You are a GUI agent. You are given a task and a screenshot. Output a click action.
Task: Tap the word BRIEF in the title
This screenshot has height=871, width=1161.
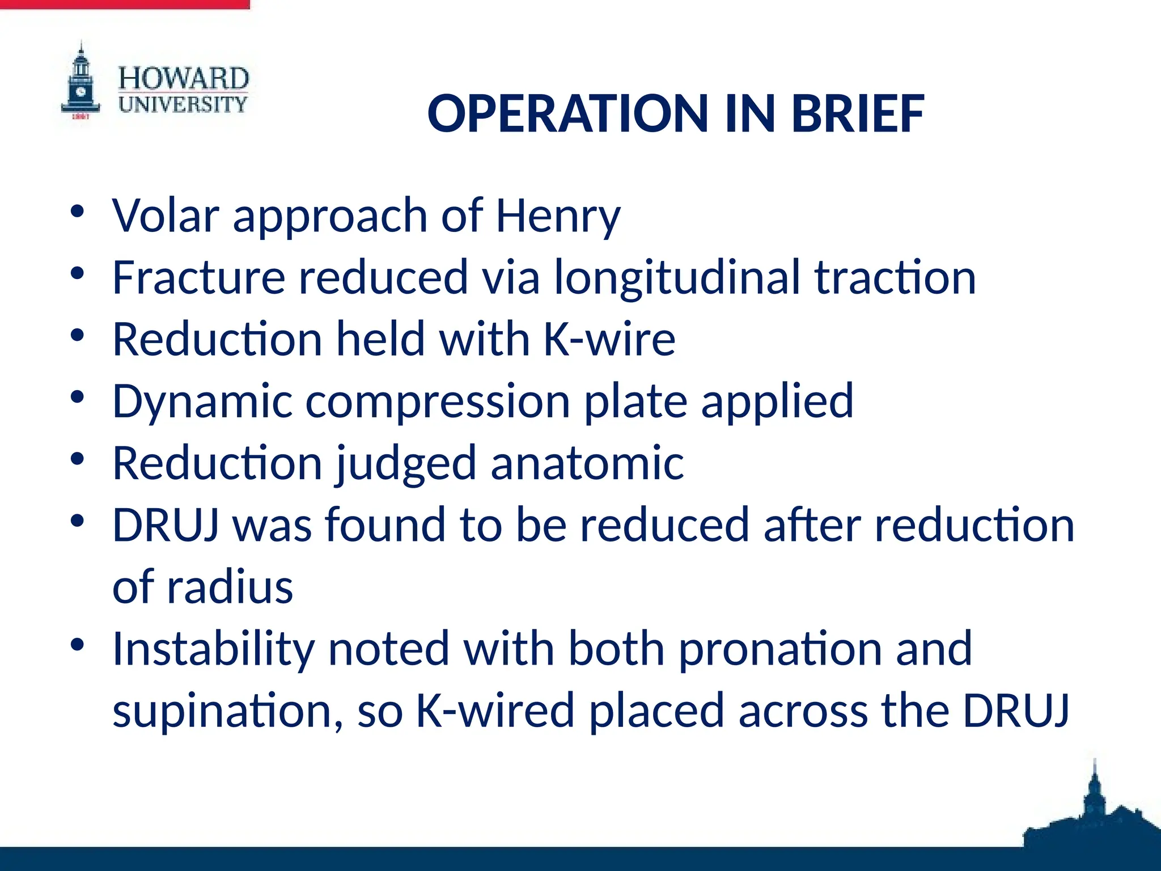pos(858,114)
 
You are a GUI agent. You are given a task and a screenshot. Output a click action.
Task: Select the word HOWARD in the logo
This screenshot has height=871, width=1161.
pos(183,78)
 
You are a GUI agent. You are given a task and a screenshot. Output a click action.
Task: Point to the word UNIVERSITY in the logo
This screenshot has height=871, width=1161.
pos(183,104)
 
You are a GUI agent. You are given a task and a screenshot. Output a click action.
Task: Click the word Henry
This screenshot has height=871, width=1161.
pos(558,216)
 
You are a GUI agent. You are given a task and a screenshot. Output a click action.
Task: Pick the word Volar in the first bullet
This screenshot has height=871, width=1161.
pos(166,216)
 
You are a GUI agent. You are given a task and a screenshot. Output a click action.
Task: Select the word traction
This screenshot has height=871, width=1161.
pos(895,278)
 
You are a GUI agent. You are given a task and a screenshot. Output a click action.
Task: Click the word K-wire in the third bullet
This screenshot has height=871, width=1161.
pos(609,340)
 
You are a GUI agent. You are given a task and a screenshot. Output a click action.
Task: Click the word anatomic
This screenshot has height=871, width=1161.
pos(587,463)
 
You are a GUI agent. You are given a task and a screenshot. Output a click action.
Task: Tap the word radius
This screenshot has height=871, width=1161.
pos(230,587)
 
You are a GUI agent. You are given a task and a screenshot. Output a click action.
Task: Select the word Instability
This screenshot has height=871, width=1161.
pos(213,649)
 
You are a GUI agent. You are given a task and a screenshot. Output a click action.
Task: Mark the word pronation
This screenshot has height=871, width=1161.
pos(780,649)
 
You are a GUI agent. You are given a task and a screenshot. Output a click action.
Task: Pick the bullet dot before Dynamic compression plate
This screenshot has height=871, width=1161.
pos(78,397)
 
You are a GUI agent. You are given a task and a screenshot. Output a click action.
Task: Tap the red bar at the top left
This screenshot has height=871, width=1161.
pos(125,4)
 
